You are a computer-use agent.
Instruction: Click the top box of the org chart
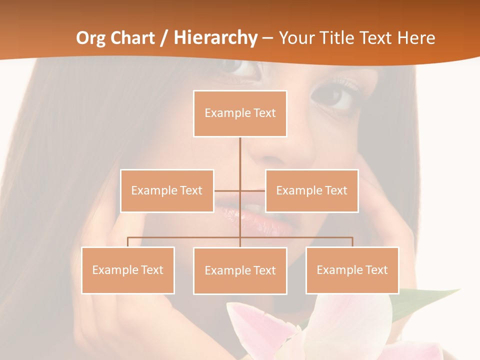240,113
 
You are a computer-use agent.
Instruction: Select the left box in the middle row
167,190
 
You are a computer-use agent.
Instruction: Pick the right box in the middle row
311,190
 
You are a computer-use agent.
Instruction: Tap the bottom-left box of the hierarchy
128,270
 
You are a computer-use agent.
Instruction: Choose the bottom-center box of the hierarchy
240,270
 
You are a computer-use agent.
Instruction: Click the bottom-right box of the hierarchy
352,270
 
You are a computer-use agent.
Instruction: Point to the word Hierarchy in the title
215,38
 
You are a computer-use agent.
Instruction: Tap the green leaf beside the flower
425,302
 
